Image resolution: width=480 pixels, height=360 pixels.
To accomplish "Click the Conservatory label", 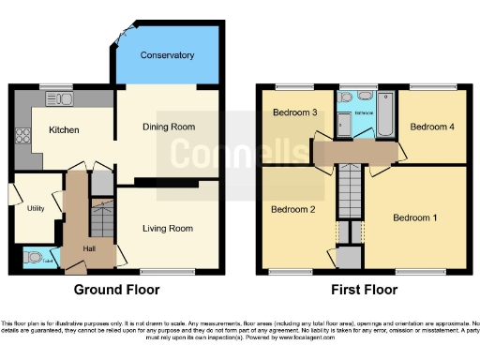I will (167, 55).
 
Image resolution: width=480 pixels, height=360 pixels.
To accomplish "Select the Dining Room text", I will (168, 127).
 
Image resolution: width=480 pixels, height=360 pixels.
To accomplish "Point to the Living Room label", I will (168, 228).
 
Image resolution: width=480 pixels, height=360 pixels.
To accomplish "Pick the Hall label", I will (88, 247).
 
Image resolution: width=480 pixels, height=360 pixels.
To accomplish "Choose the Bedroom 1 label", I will (415, 217).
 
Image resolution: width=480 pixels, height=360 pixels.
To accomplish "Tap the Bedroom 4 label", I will (432, 126).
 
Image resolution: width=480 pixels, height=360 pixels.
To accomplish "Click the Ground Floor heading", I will (116, 290).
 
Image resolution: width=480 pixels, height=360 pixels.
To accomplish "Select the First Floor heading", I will (363, 290).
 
